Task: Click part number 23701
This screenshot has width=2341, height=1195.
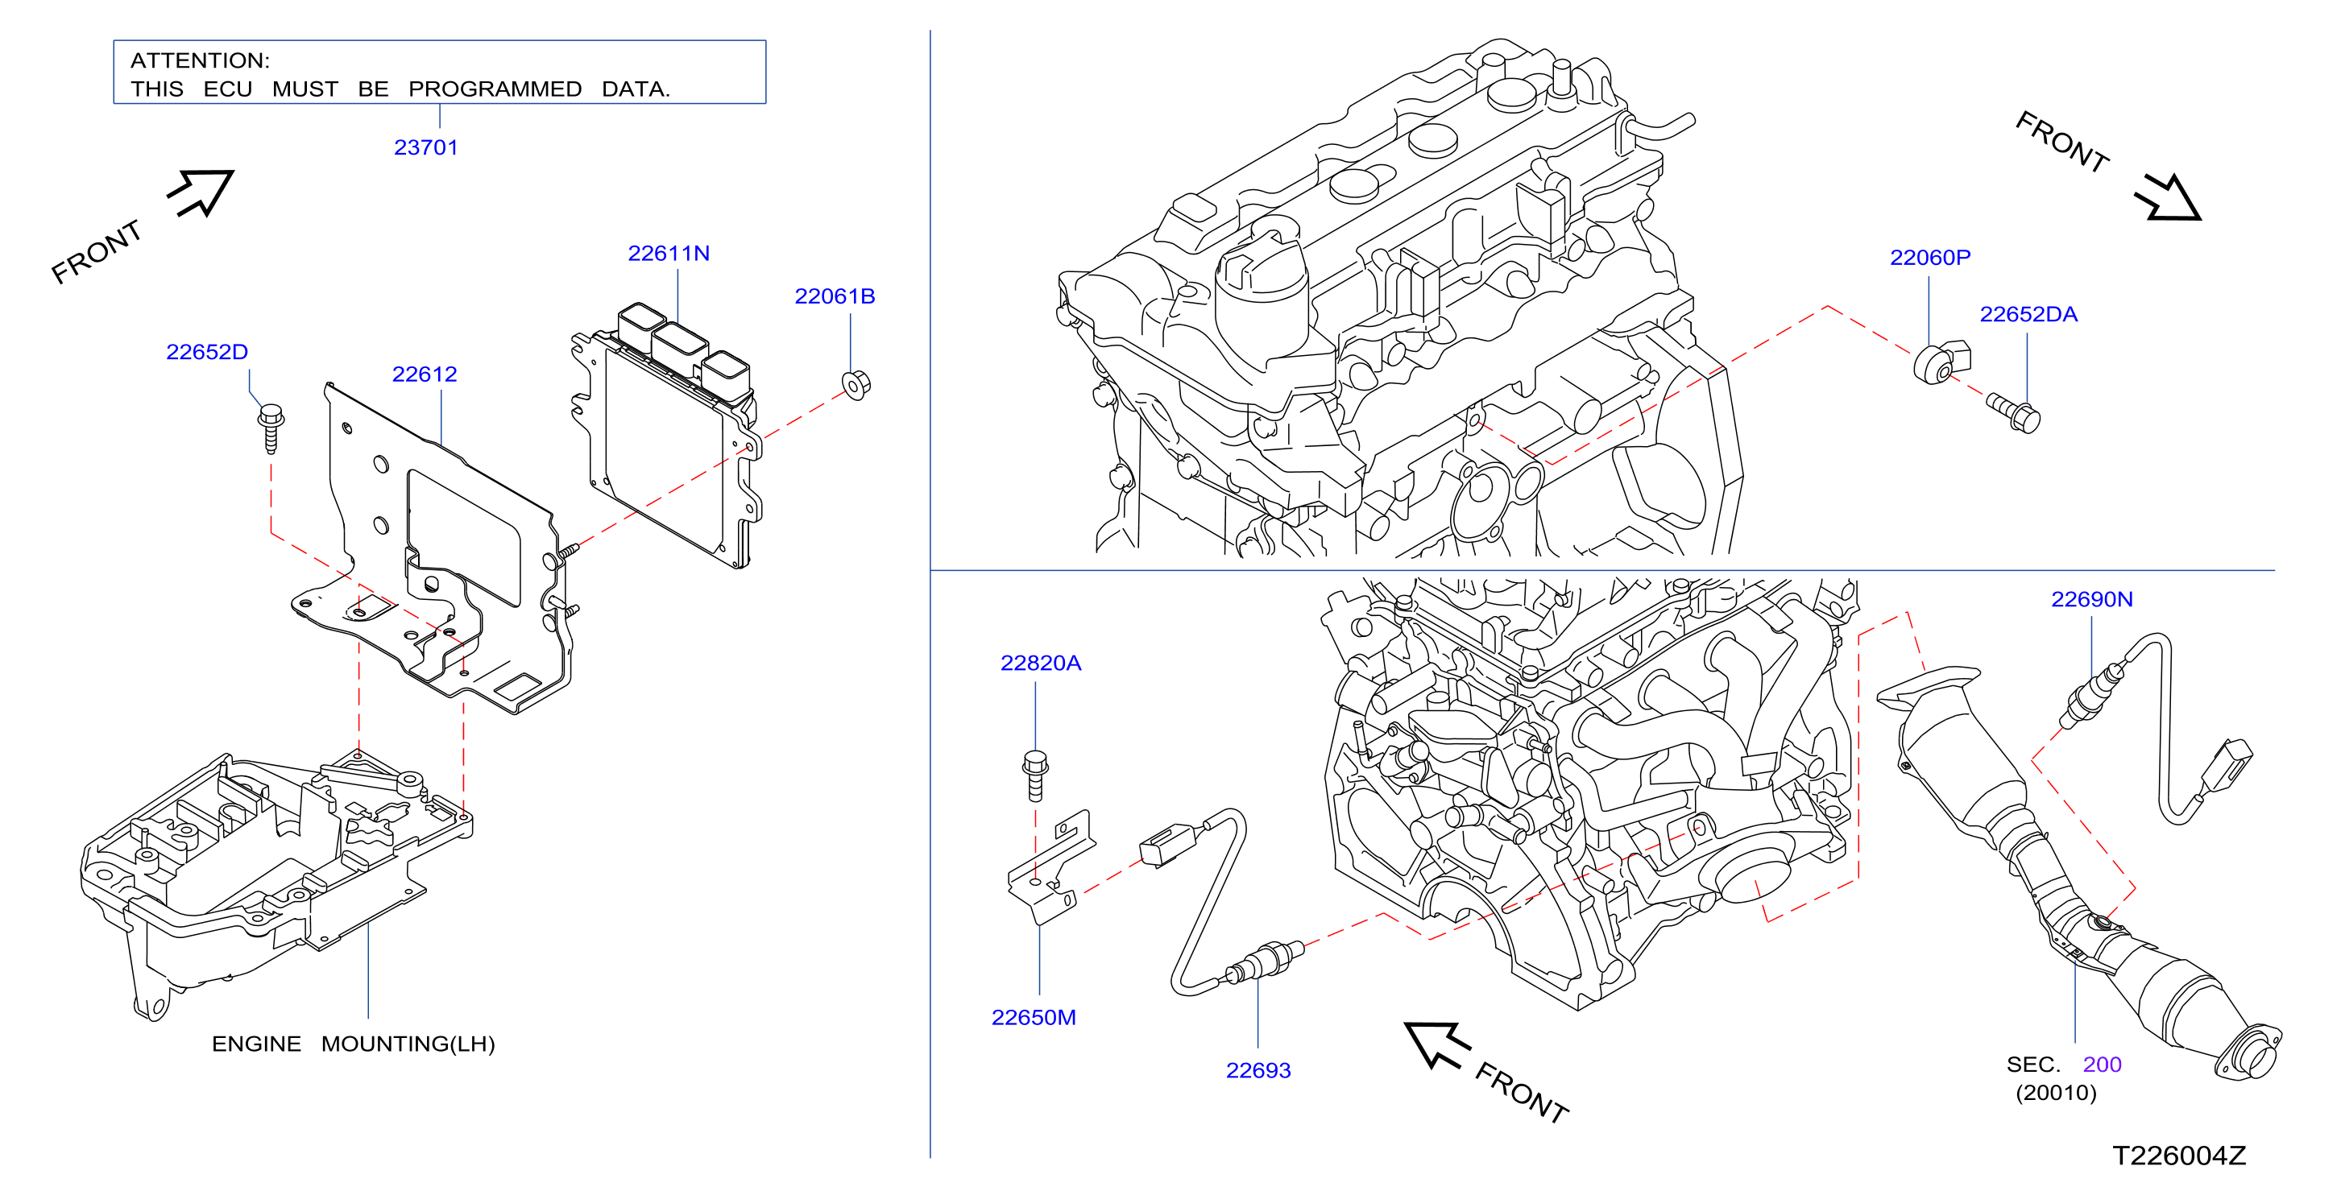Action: [425, 147]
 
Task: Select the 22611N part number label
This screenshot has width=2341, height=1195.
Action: [668, 254]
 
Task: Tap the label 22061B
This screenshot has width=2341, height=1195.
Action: [835, 296]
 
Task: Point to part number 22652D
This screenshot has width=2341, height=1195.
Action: [206, 352]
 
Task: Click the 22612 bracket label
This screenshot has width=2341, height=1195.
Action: [424, 374]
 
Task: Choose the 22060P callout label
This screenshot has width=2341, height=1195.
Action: [1929, 258]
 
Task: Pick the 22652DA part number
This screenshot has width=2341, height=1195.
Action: [2028, 314]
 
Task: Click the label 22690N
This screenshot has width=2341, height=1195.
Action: [2091, 600]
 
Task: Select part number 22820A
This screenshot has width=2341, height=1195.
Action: [1041, 664]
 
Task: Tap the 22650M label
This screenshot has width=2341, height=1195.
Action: [1034, 1018]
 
